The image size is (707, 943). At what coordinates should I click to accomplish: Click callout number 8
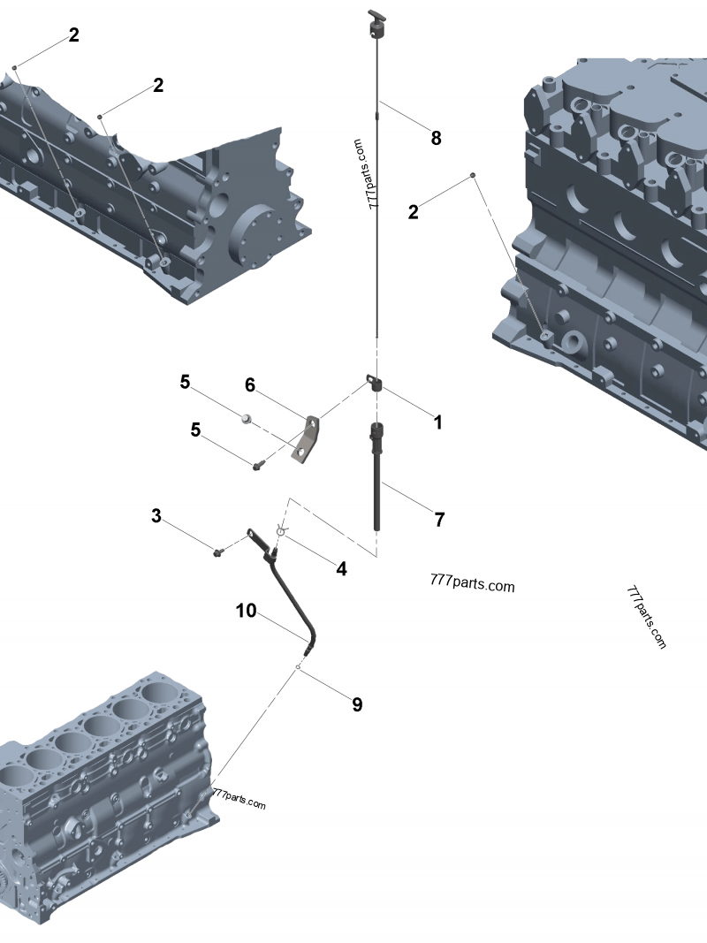[x=436, y=139]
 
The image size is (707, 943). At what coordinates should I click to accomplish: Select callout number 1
[x=438, y=422]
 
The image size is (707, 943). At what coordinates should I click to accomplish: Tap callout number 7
[x=439, y=520]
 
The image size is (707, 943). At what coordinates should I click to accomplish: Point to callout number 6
[x=250, y=385]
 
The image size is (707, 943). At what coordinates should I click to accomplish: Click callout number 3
[x=156, y=516]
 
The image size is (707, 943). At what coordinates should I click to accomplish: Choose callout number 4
[x=341, y=568]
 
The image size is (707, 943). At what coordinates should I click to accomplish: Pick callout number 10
[x=246, y=611]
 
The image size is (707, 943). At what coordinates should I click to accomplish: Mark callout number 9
[x=357, y=704]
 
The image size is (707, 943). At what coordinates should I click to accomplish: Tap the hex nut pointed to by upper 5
[x=246, y=418]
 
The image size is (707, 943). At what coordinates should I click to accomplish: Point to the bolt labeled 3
[x=218, y=551]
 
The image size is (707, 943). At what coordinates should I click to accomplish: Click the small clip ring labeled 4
[x=281, y=530]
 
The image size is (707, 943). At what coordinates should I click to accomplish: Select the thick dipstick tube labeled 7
[x=377, y=476]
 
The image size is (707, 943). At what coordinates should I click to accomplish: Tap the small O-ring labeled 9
[x=298, y=667]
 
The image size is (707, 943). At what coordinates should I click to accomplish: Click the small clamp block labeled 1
[x=375, y=383]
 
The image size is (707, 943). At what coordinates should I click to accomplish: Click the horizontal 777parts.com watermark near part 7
[x=473, y=583]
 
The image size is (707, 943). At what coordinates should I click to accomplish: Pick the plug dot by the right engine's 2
[x=473, y=175]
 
